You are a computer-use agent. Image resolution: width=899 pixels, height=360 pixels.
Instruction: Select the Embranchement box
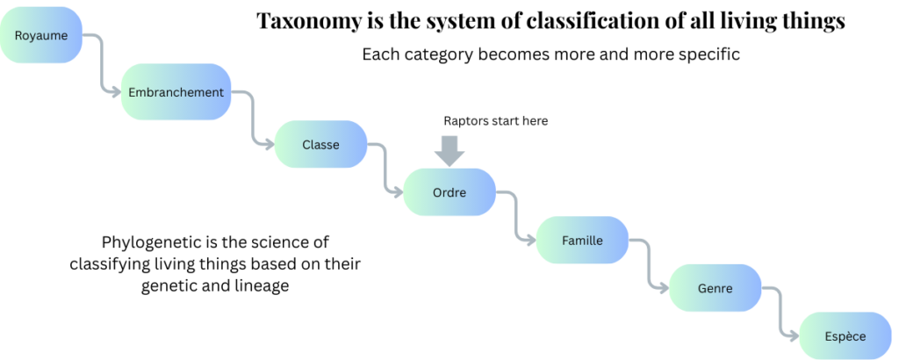[176, 92]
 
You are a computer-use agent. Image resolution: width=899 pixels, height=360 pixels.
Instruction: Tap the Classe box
[320, 145]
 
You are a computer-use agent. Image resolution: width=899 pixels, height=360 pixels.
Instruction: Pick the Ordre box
[449, 192]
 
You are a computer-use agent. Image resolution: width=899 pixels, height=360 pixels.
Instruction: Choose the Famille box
[582, 240]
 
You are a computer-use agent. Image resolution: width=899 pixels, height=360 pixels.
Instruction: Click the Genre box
[715, 287]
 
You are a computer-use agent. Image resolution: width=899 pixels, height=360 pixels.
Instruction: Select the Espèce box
[845, 336]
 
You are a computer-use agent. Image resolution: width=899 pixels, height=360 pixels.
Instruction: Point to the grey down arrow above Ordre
[450, 150]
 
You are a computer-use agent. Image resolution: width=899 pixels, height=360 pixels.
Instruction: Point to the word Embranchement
[176, 92]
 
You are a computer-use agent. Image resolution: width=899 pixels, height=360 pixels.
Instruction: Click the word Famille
[582, 240]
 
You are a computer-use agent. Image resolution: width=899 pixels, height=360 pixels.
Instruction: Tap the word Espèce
[845, 336]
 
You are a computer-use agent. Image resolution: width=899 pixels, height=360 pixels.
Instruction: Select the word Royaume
[36, 36]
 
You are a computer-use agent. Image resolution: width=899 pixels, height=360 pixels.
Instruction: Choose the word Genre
[715, 287]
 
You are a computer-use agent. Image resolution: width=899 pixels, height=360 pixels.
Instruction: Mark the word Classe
[320, 145]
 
